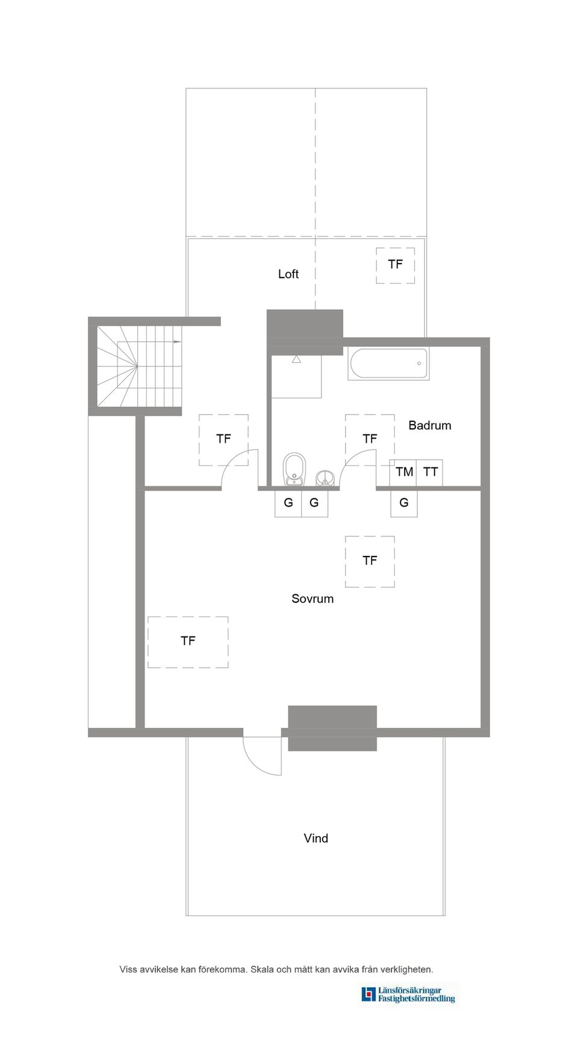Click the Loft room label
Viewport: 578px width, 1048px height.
(288, 274)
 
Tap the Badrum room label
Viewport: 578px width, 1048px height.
(429, 425)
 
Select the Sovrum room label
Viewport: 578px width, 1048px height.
(312, 599)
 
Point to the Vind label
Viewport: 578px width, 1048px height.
(315, 838)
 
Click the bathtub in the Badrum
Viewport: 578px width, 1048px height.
(388, 363)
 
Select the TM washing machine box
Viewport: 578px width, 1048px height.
(404, 472)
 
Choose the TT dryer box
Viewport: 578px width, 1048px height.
(430, 472)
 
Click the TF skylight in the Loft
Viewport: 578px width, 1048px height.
(395, 265)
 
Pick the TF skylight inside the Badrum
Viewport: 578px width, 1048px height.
(370, 439)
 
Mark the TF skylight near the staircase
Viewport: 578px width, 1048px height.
(223, 439)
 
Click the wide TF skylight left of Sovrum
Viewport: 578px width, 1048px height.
(188, 641)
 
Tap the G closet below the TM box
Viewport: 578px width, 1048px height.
(403, 503)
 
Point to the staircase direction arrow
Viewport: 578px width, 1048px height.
(177, 342)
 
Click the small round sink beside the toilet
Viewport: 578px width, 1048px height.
(325, 479)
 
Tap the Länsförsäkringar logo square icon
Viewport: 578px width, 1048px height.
(368, 994)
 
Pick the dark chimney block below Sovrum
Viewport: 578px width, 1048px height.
(332, 728)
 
